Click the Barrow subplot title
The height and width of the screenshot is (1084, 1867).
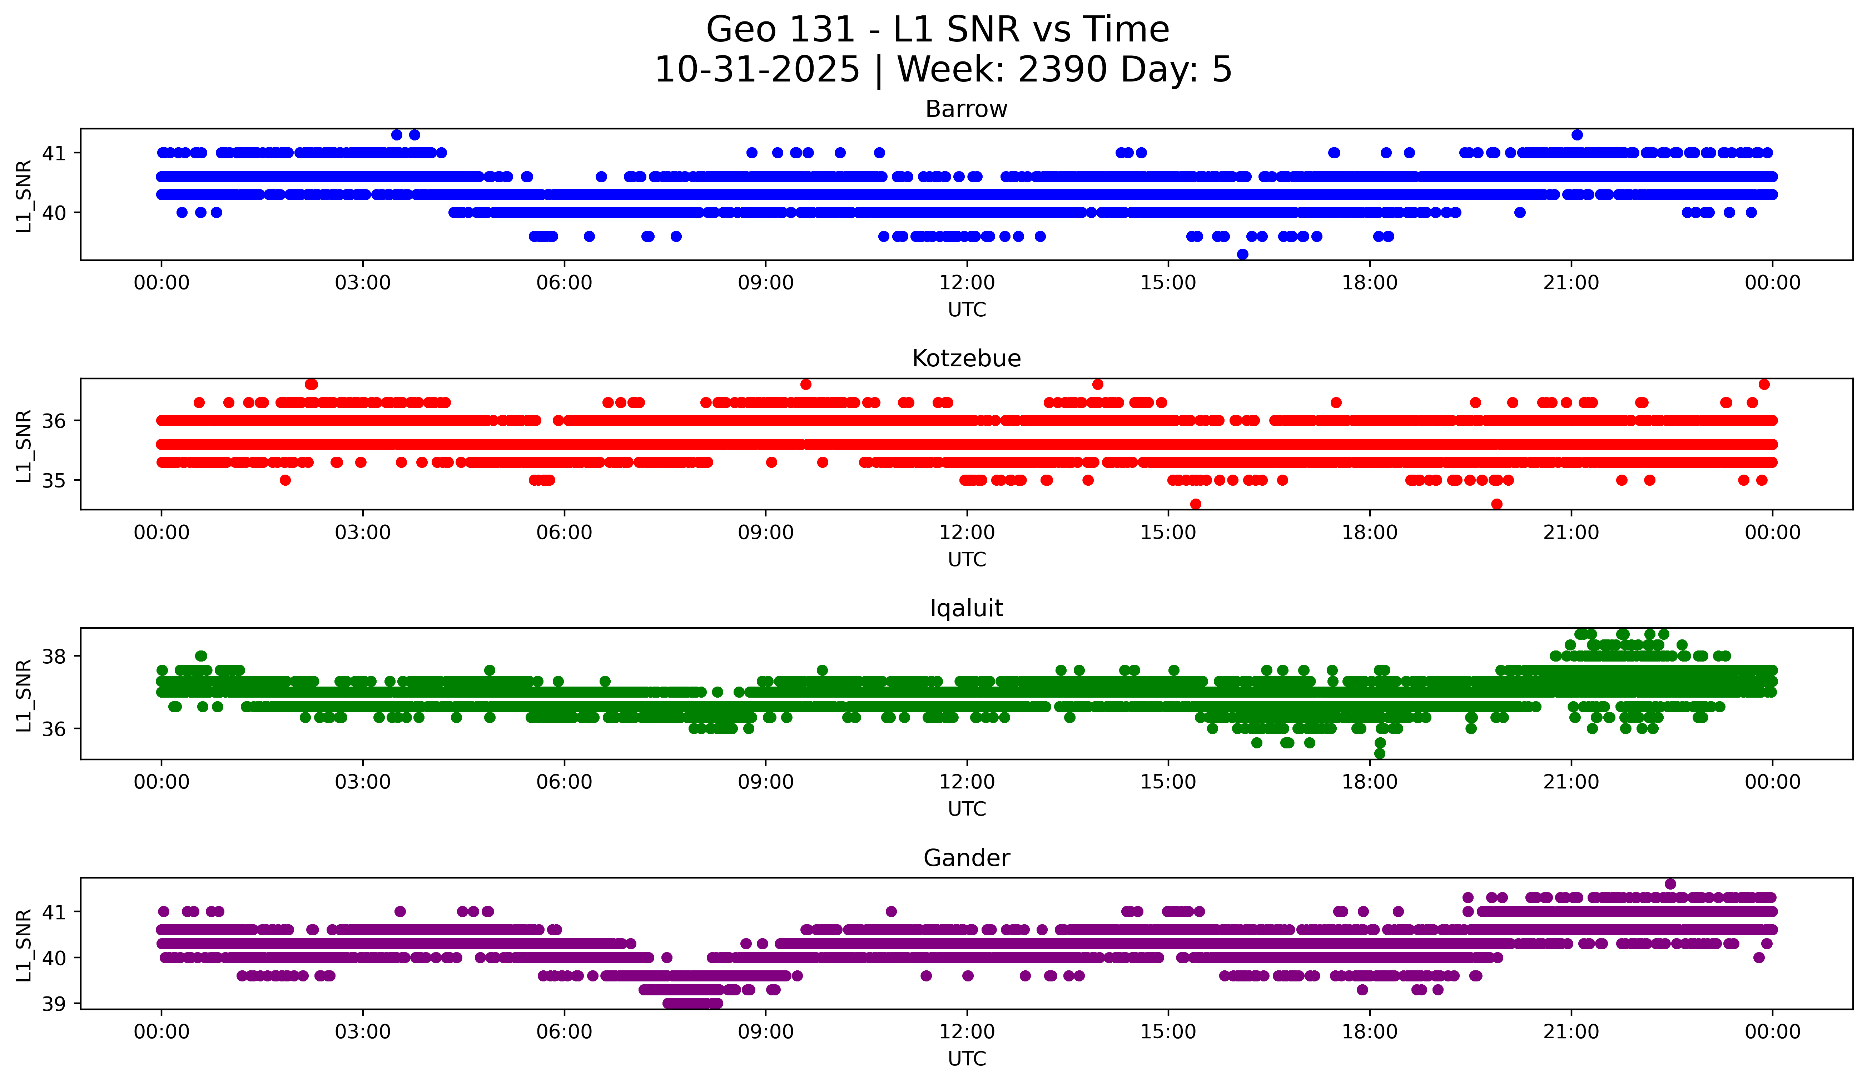(966, 109)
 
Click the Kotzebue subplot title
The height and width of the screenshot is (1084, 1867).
(966, 358)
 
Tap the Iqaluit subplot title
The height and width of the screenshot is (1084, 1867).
(966, 608)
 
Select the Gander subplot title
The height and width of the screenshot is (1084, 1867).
(966, 858)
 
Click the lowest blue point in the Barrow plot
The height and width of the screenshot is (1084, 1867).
(1242, 254)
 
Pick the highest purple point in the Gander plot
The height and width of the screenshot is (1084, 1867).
(1670, 884)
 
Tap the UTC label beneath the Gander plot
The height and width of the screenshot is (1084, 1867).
(966, 1059)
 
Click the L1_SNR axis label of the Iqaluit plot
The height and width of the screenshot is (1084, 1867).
(24, 695)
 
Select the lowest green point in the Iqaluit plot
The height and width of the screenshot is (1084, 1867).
(1380, 753)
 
